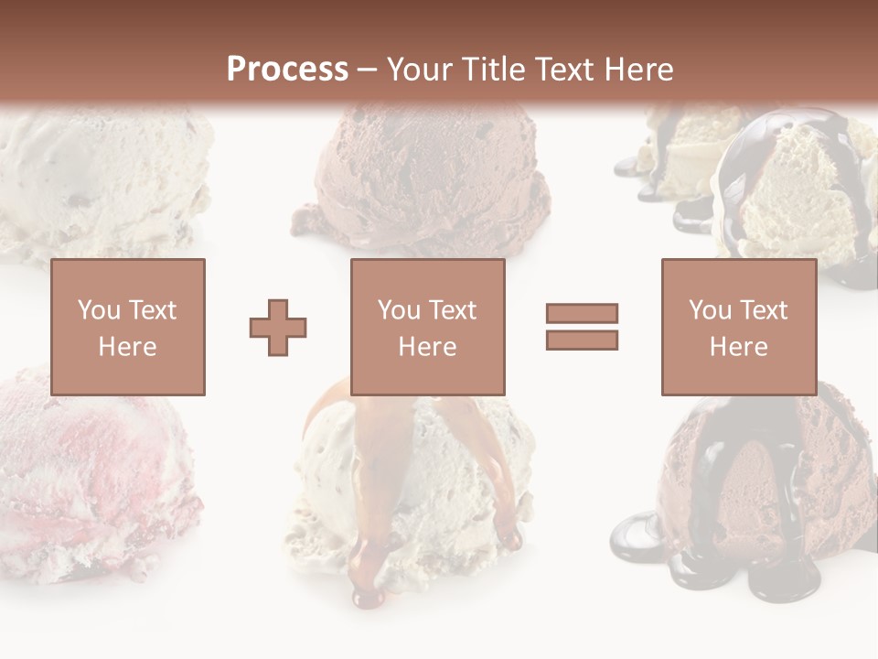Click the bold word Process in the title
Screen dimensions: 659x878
click(x=287, y=69)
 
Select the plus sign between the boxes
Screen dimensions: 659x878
click(x=278, y=327)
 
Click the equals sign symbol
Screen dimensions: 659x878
click(x=582, y=327)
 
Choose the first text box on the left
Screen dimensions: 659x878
click(x=127, y=327)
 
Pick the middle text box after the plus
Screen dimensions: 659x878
click(x=427, y=327)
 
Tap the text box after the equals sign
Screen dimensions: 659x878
click(x=738, y=327)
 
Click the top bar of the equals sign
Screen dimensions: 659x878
click(x=582, y=314)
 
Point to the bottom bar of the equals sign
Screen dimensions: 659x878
click(x=582, y=340)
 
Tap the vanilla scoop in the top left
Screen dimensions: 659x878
click(x=101, y=183)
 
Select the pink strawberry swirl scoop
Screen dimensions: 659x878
click(x=91, y=476)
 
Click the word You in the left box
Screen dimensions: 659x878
click(x=99, y=309)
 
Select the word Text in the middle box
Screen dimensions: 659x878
click(x=452, y=309)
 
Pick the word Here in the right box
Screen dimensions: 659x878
click(x=738, y=346)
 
